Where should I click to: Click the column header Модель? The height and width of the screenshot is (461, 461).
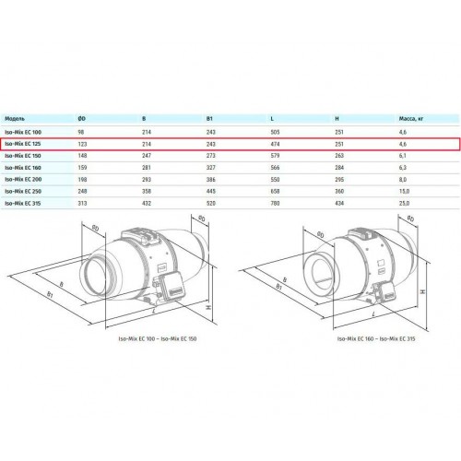tap(15, 119)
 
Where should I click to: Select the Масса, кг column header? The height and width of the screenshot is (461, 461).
tap(411, 119)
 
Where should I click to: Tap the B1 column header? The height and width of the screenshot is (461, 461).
tap(209, 119)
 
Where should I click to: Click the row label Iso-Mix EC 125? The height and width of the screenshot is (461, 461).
tap(23, 144)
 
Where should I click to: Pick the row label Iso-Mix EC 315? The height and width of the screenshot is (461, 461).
tap(23, 203)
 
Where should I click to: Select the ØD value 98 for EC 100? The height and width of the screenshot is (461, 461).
tap(81, 132)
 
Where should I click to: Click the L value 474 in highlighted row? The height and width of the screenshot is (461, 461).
tap(275, 144)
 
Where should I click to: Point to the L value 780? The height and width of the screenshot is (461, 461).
tap(275, 203)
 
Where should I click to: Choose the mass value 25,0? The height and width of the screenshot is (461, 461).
tap(404, 203)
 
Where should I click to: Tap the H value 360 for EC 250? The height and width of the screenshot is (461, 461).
tap(339, 191)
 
